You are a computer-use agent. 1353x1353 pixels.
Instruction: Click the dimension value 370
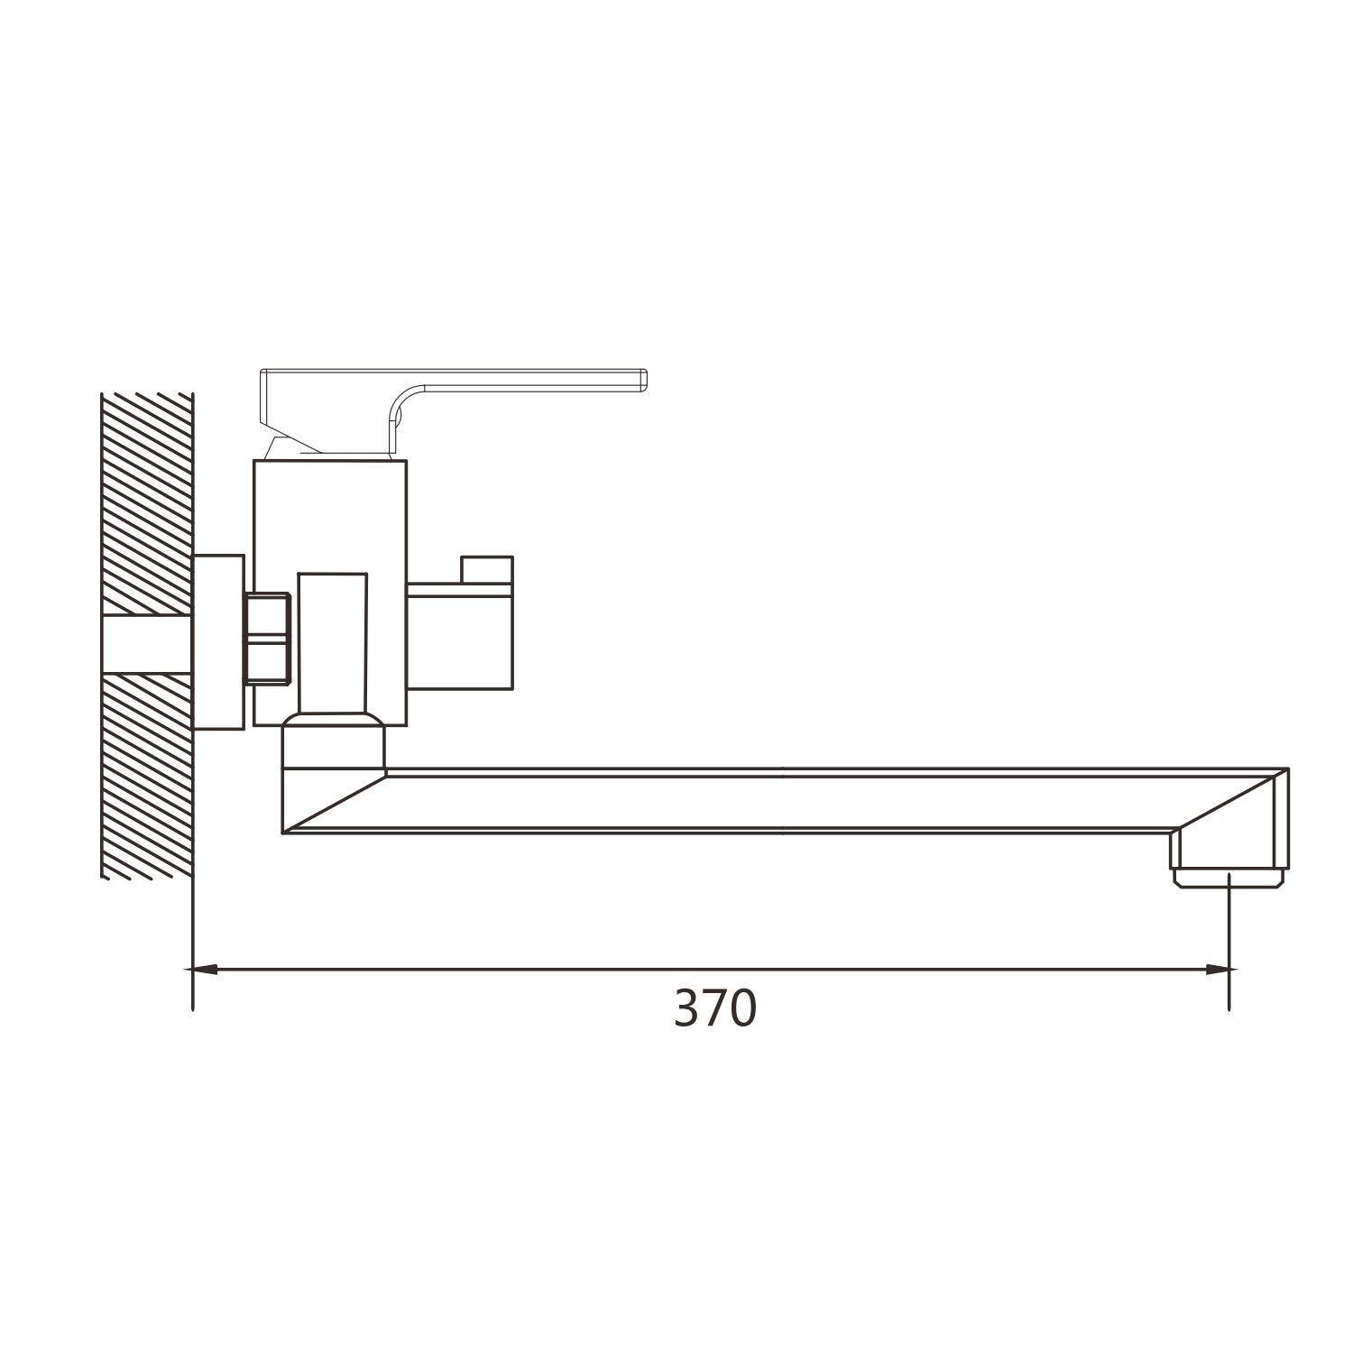point(715,1009)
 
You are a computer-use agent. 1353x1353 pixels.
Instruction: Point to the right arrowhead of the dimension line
point(1219,970)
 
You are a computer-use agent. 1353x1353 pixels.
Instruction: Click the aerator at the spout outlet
point(1229,878)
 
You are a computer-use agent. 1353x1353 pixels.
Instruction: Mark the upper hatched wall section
point(148,503)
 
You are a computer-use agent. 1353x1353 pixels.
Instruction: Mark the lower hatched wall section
point(148,776)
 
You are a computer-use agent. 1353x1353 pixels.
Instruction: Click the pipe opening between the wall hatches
point(148,644)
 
